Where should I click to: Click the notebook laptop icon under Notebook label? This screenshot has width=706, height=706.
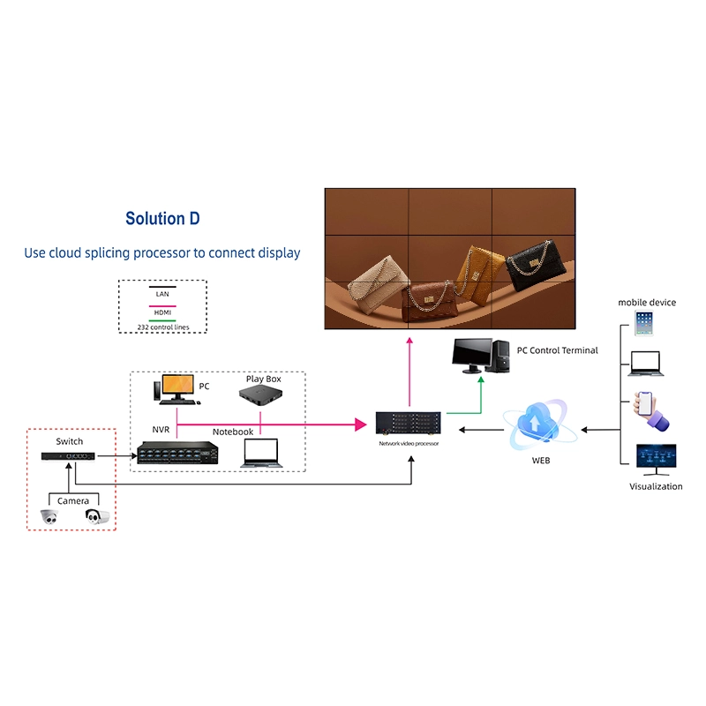coord(261,452)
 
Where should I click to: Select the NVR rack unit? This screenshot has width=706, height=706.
coord(177,454)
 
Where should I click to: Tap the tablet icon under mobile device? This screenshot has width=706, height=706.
coord(642,322)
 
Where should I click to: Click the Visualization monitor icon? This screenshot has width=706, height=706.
coord(656,459)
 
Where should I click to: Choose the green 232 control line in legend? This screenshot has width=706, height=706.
coord(161,320)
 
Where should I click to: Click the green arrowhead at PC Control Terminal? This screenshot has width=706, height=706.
coord(481,380)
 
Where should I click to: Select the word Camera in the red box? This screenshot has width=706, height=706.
coord(73,500)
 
